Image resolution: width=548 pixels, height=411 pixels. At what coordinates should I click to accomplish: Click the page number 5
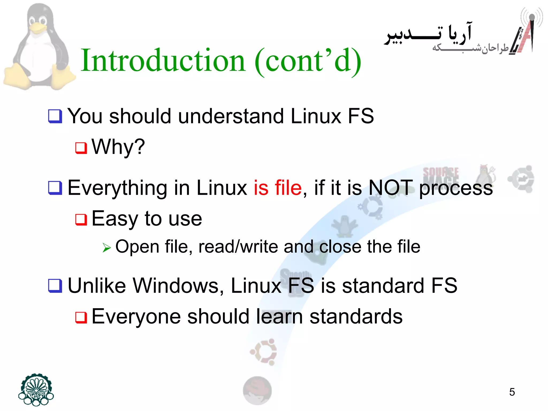[512, 392]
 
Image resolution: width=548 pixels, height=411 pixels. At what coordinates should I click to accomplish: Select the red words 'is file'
[278, 188]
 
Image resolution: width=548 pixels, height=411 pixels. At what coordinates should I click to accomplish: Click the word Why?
[118, 147]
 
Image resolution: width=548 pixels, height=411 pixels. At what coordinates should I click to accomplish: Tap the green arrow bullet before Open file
[106, 248]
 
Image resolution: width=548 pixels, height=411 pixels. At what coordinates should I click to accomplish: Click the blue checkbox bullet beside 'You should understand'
[55, 116]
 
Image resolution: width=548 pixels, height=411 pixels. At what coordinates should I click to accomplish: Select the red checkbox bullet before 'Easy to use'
[81, 219]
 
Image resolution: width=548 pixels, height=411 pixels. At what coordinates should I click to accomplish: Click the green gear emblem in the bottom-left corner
[36, 390]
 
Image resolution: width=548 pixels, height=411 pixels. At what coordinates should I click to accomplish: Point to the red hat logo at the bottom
[257, 390]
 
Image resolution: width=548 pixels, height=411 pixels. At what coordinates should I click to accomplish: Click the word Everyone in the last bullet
[136, 317]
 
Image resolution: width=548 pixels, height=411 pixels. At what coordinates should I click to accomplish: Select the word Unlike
[97, 286]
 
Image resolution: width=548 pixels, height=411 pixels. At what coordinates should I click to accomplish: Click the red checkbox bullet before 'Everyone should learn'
[81, 317]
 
